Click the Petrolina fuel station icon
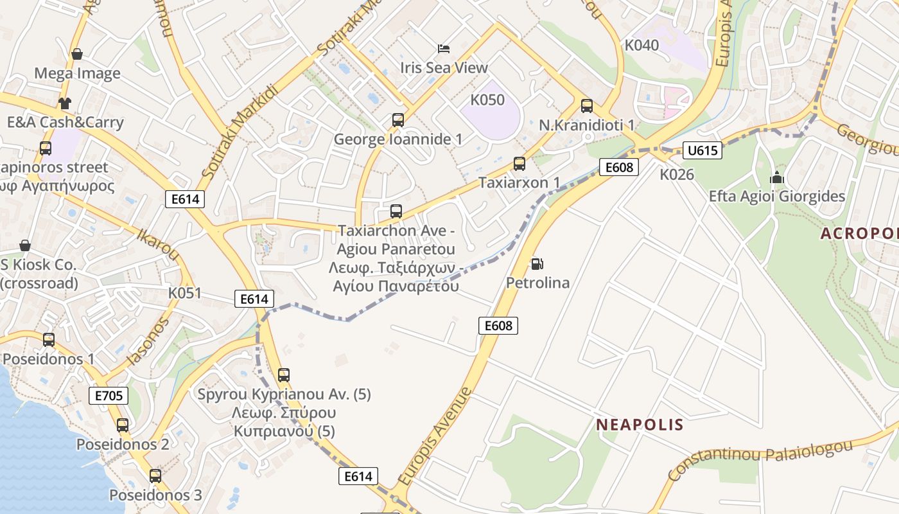click(536, 263)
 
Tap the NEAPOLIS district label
click(640, 425)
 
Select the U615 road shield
click(702, 150)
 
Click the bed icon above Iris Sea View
click(444, 48)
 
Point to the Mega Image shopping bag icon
click(77, 54)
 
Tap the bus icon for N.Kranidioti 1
click(586, 106)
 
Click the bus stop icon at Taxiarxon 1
click(519, 164)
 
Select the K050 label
click(487, 100)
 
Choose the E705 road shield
click(109, 396)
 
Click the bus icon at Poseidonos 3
click(155, 476)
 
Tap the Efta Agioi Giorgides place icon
click(777, 177)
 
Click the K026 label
click(677, 174)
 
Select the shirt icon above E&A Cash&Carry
click(65, 103)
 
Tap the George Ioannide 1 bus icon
click(398, 120)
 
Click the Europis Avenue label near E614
click(435, 436)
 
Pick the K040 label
click(642, 45)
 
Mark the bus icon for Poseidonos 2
click(123, 425)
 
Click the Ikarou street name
click(158, 242)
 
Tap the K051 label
click(185, 294)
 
